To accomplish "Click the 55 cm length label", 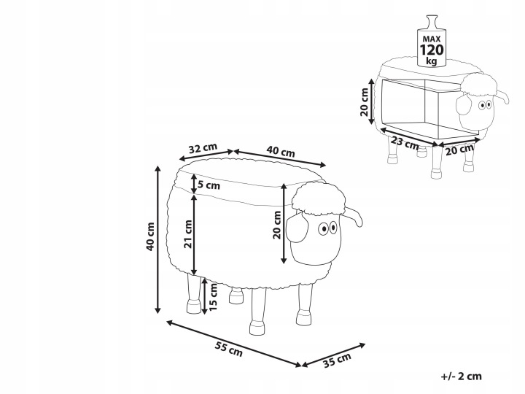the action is [228, 349].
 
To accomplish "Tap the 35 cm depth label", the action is [337, 360].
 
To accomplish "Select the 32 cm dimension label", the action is [203, 148].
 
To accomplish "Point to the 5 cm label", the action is [209, 185].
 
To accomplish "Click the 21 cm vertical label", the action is [188, 234].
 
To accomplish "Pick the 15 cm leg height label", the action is [213, 296].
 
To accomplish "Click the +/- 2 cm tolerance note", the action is [462, 376].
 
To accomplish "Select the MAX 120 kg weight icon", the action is [432, 41].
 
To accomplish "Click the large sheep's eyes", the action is [327, 228].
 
